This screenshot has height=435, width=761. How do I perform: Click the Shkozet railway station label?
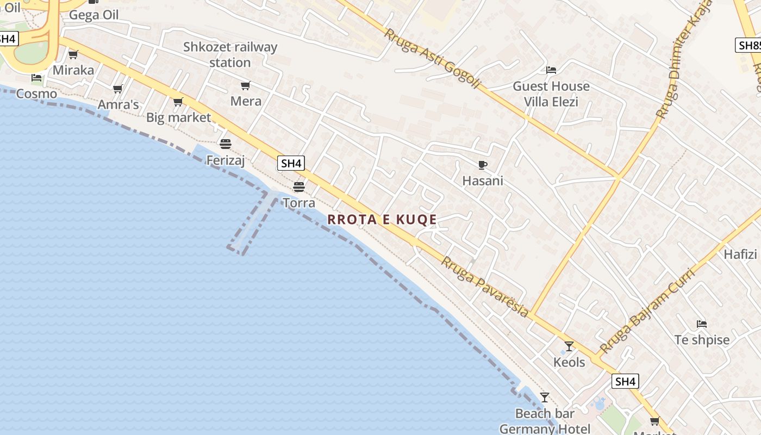(x=230, y=54)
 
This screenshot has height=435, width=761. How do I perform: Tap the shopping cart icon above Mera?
(x=245, y=85)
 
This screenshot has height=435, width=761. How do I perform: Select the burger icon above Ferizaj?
(x=225, y=144)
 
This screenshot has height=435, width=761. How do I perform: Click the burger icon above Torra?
(x=298, y=187)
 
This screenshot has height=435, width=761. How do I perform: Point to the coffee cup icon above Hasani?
(x=482, y=165)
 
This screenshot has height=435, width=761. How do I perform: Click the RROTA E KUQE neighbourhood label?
(x=382, y=219)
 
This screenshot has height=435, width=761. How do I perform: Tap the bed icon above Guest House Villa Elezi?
(x=551, y=70)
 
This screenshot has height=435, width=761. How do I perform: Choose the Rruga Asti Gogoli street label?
(x=433, y=58)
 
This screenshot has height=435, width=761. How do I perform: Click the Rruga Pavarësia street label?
(x=484, y=287)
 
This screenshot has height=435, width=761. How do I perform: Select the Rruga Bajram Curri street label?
(x=647, y=311)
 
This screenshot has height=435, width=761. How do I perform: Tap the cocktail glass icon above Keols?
(x=569, y=346)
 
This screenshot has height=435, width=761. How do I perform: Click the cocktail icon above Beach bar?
(x=544, y=397)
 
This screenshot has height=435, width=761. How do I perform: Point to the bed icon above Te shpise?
(x=701, y=324)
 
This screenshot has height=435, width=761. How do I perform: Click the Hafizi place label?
(x=740, y=254)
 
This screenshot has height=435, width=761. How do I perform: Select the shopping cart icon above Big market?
(x=178, y=102)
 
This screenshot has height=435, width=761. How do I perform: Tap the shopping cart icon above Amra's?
(x=117, y=89)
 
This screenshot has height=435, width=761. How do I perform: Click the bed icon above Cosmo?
(x=36, y=78)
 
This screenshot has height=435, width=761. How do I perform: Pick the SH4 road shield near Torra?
(x=291, y=163)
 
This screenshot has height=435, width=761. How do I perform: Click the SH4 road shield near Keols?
(x=625, y=382)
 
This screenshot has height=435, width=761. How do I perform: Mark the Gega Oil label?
(x=93, y=15)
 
